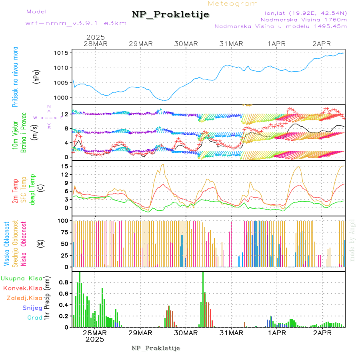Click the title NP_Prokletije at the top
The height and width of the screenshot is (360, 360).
(x=170, y=15)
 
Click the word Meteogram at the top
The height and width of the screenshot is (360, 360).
(x=233, y=4)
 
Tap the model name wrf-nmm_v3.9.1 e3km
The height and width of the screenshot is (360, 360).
(x=76, y=23)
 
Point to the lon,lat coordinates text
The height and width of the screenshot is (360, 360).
(x=303, y=13)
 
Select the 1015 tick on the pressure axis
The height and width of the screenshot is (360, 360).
(x=62, y=53)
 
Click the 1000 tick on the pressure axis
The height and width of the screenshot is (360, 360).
(x=62, y=98)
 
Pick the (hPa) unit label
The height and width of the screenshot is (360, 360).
(x=37, y=76)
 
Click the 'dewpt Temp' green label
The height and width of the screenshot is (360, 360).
(x=32, y=189)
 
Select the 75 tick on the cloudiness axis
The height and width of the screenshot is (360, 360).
(x=64, y=232)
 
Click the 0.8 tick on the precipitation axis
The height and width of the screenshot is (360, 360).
(x=63, y=282)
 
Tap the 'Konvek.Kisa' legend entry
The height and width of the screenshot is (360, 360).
(x=22, y=288)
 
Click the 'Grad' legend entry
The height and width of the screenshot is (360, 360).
(x=35, y=318)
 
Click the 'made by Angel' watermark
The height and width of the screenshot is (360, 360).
(x=352, y=240)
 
